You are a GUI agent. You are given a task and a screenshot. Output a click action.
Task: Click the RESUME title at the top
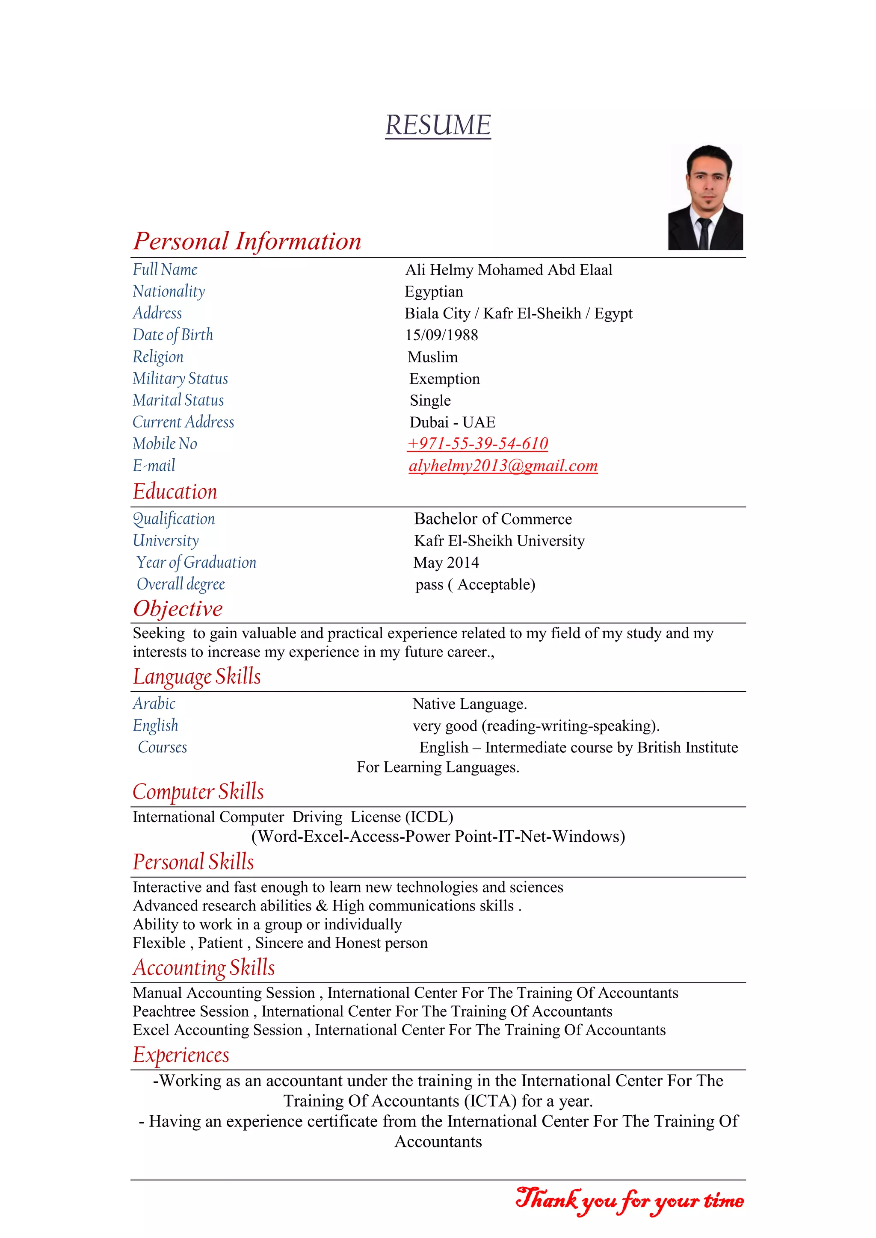(438, 125)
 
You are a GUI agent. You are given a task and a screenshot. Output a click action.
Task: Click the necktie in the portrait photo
(704, 233)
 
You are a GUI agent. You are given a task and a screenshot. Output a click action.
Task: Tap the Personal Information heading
(247, 241)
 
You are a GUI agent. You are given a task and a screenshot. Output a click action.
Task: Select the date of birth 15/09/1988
(441, 336)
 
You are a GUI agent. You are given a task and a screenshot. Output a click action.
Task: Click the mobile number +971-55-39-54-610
(477, 444)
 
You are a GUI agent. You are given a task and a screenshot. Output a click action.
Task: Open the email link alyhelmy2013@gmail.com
(503, 466)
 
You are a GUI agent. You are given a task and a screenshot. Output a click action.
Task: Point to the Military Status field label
(180, 378)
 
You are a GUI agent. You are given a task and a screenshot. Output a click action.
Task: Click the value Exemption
(444, 379)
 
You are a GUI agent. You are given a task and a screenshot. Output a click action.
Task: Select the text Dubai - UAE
(452, 422)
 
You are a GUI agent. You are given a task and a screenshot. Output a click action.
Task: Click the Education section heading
(175, 492)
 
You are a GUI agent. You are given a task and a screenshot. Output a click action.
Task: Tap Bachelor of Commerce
(492, 519)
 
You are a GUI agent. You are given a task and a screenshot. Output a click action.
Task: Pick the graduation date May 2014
(446, 563)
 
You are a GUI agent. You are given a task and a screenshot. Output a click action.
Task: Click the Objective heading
(178, 609)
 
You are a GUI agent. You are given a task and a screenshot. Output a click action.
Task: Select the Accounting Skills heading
(204, 968)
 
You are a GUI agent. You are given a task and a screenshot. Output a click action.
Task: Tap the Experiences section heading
(181, 1055)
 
